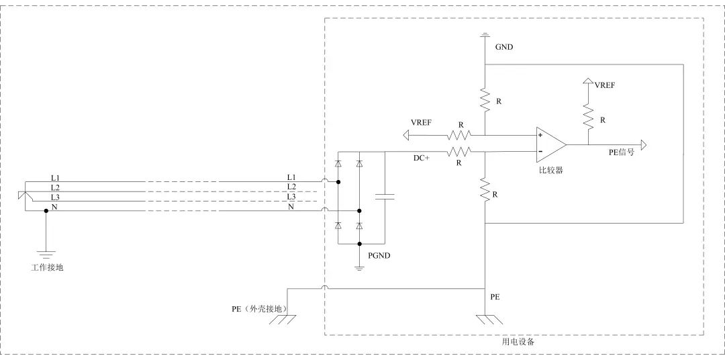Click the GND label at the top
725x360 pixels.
pyautogui.click(x=504, y=48)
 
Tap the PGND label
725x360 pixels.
pyautogui.click(x=379, y=256)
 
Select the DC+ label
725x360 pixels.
pyautogui.click(x=422, y=157)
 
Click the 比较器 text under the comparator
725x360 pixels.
pyautogui.click(x=550, y=171)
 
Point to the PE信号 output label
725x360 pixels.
pyautogui.click(x=622, y=152)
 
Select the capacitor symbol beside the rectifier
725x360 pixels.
pyautogui.click(x=385, y=197)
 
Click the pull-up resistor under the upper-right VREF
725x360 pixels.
pyautogui.click(x=589, y=116)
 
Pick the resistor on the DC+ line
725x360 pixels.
pyautogui.click(x=460, y=151)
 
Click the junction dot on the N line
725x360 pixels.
pyautogui.click(x=46, y=210)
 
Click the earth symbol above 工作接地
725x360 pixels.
pyautogui.click(x=46, y=255)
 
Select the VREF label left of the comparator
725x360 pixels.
pyautogui.click(x=421, y=122)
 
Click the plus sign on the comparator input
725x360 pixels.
pyautogui.click(x=540, y=136)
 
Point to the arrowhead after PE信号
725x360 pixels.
pyautogui.click(x=643, y=144)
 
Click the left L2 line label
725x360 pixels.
pyautogui.click(x=55, y=187)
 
